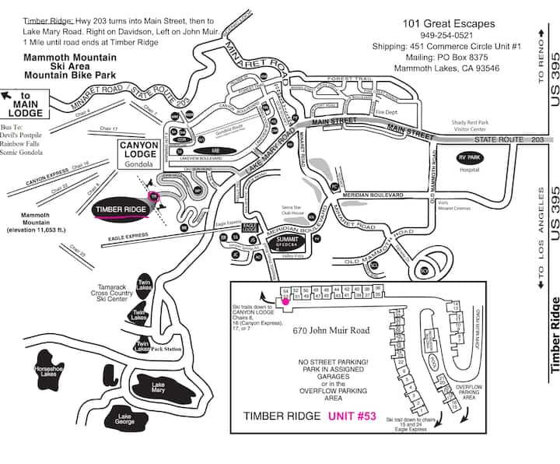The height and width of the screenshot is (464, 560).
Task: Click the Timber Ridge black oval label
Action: pos(120,209)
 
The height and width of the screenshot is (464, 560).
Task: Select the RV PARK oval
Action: pos(469,156)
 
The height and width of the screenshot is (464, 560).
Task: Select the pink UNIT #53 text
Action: pos(352,416)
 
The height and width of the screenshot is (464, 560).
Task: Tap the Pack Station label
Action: pos(167,349)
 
